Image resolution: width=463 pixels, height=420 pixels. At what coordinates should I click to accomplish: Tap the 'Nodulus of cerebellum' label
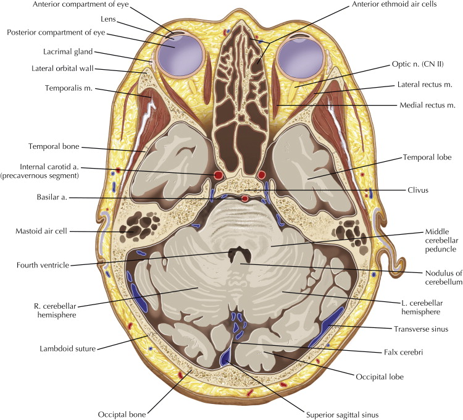[430, 275]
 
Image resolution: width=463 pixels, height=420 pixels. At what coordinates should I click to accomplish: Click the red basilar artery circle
[246, 199]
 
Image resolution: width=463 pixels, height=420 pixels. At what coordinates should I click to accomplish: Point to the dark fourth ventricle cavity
[235, 254]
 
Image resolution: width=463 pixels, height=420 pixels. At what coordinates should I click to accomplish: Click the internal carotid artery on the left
[217, 176]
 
